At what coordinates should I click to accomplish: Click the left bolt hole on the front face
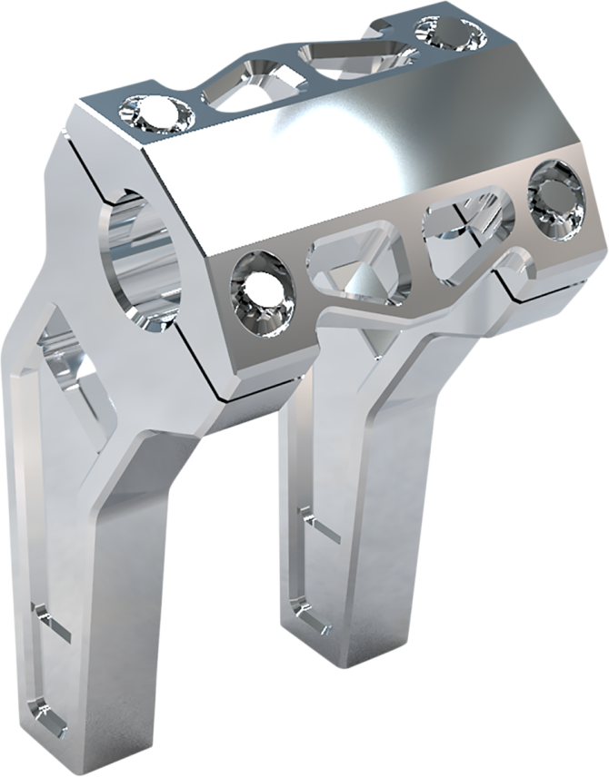pos(263,287)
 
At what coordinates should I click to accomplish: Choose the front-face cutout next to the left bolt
pos(350,264)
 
